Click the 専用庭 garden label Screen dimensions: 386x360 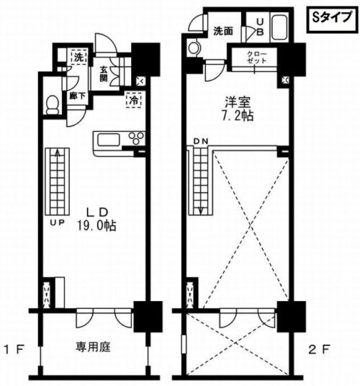point(94,346)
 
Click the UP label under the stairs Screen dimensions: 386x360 point(57,223)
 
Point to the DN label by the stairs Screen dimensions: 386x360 point(198,141)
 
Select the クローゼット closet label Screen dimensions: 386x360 point(256,58)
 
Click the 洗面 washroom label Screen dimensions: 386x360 point(222,31)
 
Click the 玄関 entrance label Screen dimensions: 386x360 point(104,74)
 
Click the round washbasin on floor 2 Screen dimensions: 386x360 point(193,48)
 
